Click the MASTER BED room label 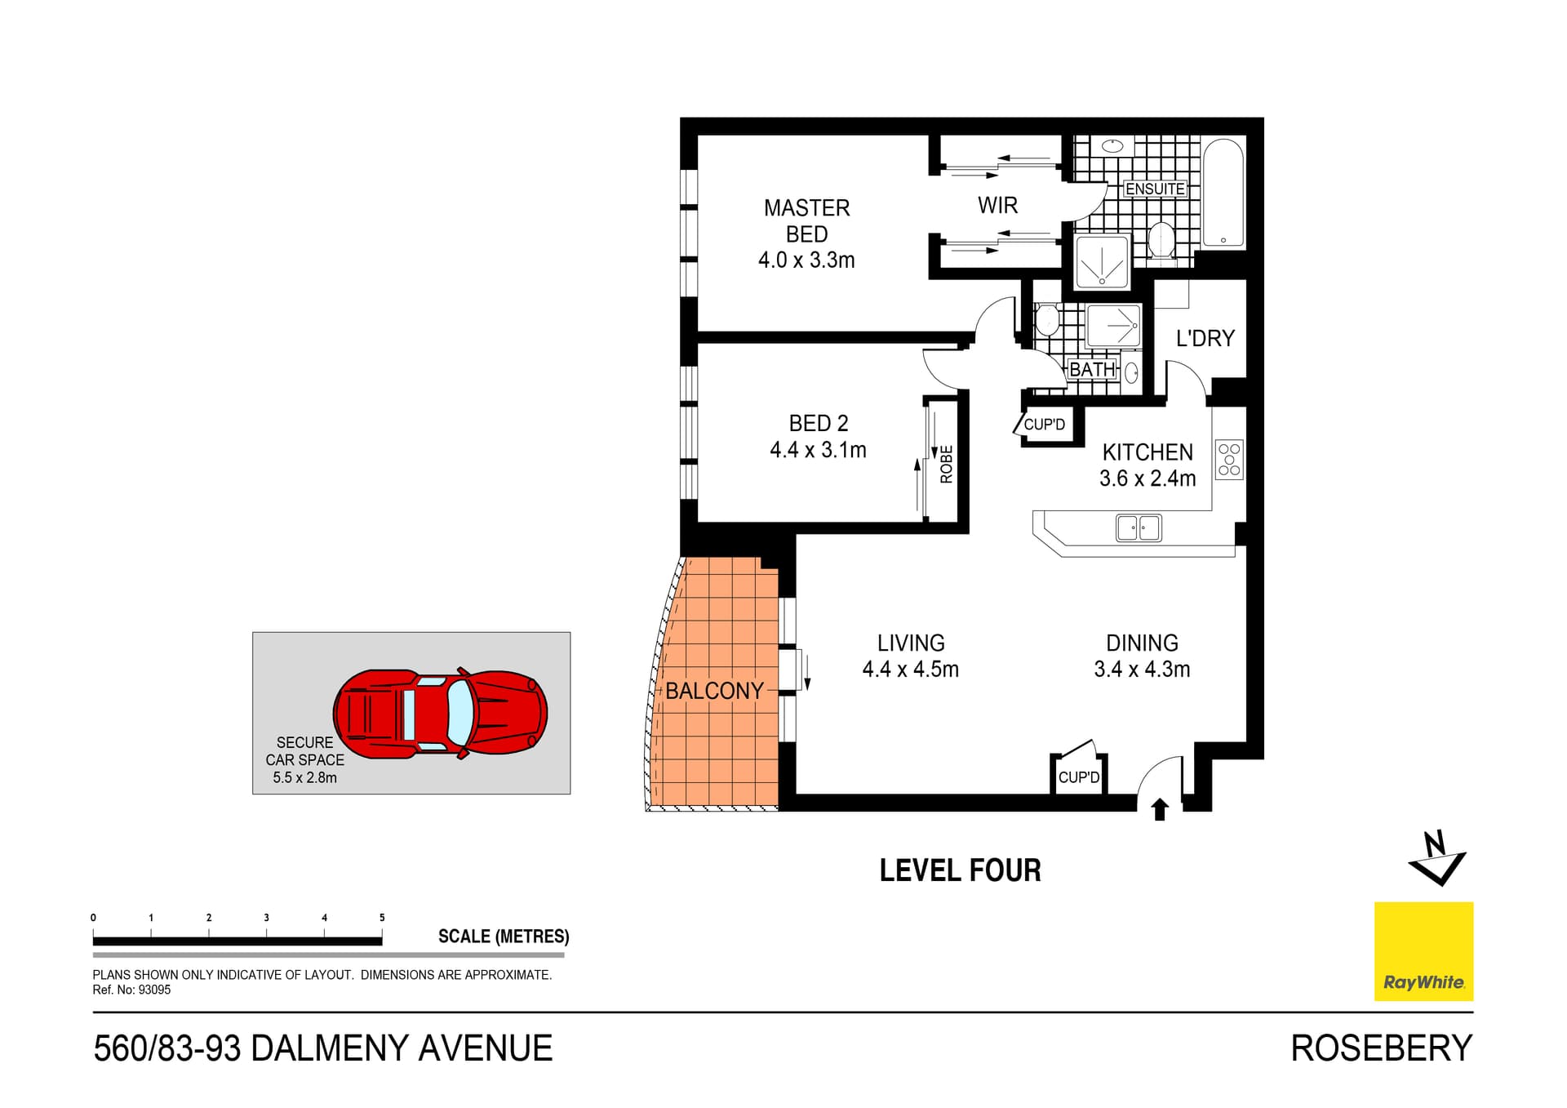pyautogui.click(x=806, y=220)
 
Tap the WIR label pyautogui.click(x=997, y=205)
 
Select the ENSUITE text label pyautogui.click(x=1154, y=189)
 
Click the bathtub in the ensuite pyautogui.click(x=1223, y=194)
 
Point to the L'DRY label pyautogui.click(x=1205, y=338)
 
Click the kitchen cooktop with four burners pyautogui.click(x=1228, y=460)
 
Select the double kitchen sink pyautogui.click(x=1139, y=528)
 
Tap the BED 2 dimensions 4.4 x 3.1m pyautogui.click(x=818, y=450)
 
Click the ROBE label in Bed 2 pyautogui.click(x=946, y=464)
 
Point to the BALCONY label pyautogui.click(x=714, y=691)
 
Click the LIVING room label pyautogui.click(x=911, y=643)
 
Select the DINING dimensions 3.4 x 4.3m pyautogui.click(x=1142, y=670)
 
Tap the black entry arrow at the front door pyautogui.click(x=1160, y=809)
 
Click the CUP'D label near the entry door pyautogui.click(x=1078, y=777)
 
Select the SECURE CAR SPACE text pyautogui.click(x=304, y=751)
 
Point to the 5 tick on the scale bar pyautogui.click(x=382, y=918)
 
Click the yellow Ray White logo pyautogui.click(x=1423, y=951)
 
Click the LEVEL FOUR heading pyautogui.click(x=960, y=870)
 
